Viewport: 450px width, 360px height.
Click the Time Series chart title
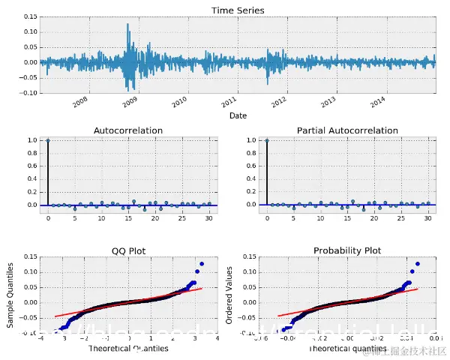[x=238, y=10]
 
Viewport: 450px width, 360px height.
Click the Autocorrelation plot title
[x=127, y=130]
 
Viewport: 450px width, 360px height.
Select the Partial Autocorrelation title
[x=347, y=130]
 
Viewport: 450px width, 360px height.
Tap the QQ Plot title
[x=127, y=250]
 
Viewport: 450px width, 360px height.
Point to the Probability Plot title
[x=347, y=250]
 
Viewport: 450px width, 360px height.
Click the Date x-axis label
[x=238, y=115]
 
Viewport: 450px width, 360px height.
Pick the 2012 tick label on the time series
[x=279, y=100]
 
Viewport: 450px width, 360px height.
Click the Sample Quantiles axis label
[x=10, y=294]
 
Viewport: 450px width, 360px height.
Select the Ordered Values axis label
[x=229, y=294]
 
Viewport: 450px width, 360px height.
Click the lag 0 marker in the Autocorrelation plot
[x=48, y=140]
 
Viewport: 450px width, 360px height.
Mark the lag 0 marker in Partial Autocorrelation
[x=267, y=140]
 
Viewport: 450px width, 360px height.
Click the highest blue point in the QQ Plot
[x=202, y=264]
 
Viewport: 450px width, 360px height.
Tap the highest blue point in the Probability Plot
[x=417, y=264]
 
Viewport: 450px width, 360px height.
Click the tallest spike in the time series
[x=127, y=25]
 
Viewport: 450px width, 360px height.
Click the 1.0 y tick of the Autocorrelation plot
[x=32, y=140]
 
